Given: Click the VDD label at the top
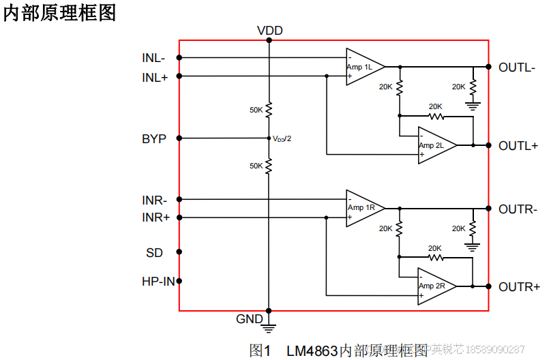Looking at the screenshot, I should pos(269,30).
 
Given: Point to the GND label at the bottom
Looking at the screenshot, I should pos(249,319).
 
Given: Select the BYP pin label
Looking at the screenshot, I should pos(154,138).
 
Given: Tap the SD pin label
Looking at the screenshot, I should pos(155,253).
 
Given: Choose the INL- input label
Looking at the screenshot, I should pos(154,58).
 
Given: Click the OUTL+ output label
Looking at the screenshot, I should pos(518,146).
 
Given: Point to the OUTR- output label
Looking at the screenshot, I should pos(518,209).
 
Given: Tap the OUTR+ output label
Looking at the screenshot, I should pos(519,287).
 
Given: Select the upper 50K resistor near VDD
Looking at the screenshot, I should pos(269,109).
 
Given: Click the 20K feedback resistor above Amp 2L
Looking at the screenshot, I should pos(435,117).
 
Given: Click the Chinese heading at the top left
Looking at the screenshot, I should pos(59,12).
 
